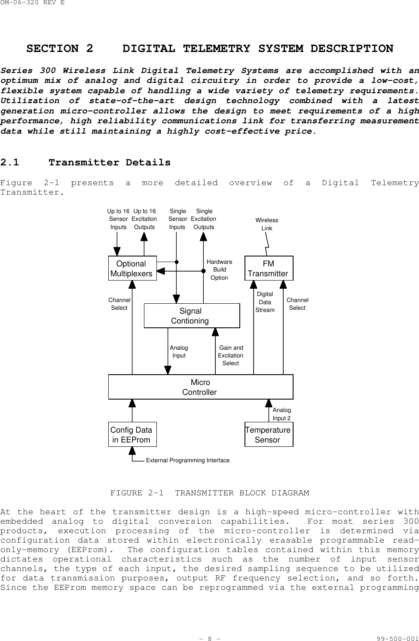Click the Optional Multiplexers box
click(132, 268)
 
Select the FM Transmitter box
click(269, 268)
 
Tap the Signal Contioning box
click(192, 316)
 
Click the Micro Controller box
click(201, 387)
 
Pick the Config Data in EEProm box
click(132, 434)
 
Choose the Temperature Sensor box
click(269, 434)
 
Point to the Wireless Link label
click(267, 224)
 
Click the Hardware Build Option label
click(220, 269)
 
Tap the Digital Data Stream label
click(265, 302)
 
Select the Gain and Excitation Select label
click(231, 355)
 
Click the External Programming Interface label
click(188, 460)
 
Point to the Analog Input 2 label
click(281, 414)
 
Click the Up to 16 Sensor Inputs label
click(118, 219)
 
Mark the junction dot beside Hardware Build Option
click(204, 271)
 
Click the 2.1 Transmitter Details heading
click(85, 162)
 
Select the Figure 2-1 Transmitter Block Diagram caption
click(210, 493)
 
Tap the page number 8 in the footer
click(210, 638)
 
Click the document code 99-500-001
click(398, 638)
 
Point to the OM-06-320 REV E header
click(32, 3)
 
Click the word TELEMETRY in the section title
click(217, 49)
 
